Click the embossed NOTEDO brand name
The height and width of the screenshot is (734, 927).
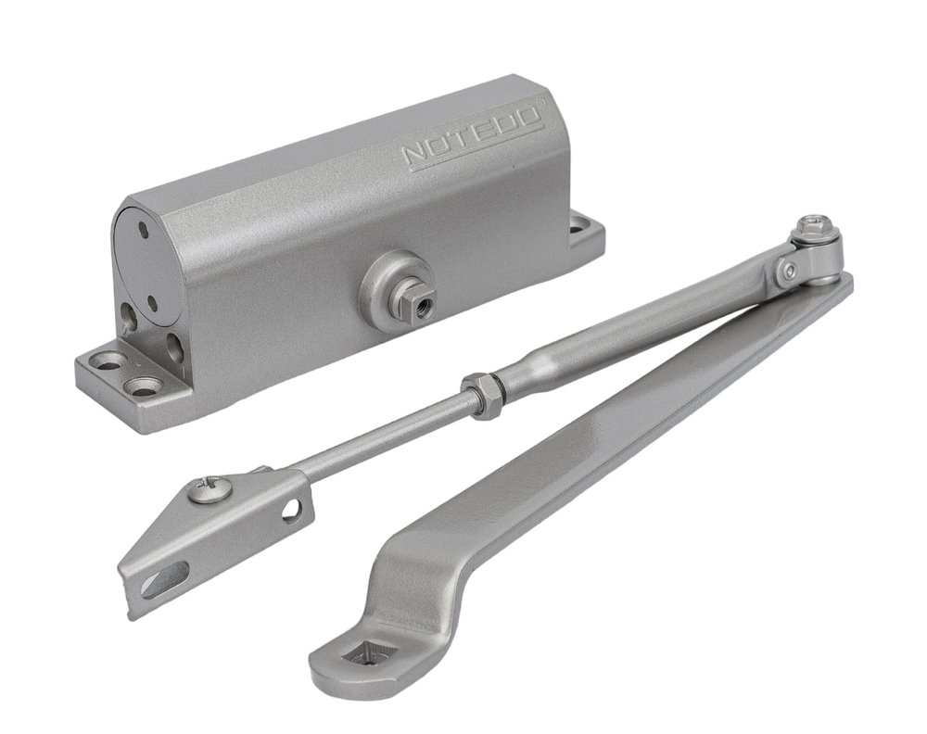click(472, 136)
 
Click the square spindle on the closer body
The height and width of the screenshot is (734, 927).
click(417, 299)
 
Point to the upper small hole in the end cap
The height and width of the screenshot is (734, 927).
click(143, 226)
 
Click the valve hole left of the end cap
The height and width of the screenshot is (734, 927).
click(129, 316)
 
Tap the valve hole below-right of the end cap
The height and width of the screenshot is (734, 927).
click(174, 347)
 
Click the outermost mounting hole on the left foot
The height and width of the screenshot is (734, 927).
click(108, 361)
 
